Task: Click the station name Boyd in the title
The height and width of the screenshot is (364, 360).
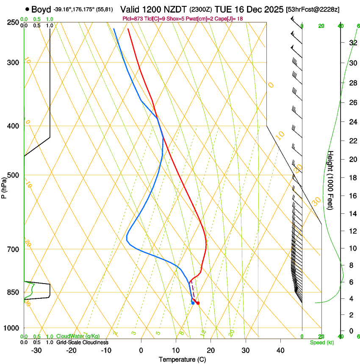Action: click(41, 10)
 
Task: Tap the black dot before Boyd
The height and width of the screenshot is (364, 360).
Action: click(27, 9)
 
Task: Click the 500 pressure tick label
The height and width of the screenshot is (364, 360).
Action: click(13, 175)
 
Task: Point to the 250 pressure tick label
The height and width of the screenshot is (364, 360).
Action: click(13, 22)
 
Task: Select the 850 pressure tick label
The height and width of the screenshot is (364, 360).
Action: click(13, 292)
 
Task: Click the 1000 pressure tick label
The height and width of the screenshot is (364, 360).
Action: click(11, 328)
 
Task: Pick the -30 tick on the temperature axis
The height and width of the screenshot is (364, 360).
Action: click(36, 350)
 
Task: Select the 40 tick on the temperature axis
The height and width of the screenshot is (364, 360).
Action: click(280, 350)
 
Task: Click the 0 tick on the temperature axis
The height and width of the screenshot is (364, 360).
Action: click(141, 350)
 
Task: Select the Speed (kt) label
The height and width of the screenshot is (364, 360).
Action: click(321, 342)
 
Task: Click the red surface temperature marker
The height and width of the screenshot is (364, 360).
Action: click(198, 303)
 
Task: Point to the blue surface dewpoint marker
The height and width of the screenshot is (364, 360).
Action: click(193, 303)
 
